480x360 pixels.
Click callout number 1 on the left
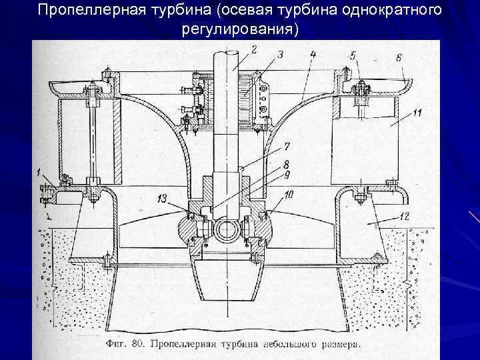click(39, 173)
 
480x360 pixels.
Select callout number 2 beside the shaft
click(254, 48)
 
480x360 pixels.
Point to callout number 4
click(313, 53)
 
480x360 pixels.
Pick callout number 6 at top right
click(398, 58)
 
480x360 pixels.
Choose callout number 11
click(417, 114)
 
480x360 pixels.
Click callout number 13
click(163, 198)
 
